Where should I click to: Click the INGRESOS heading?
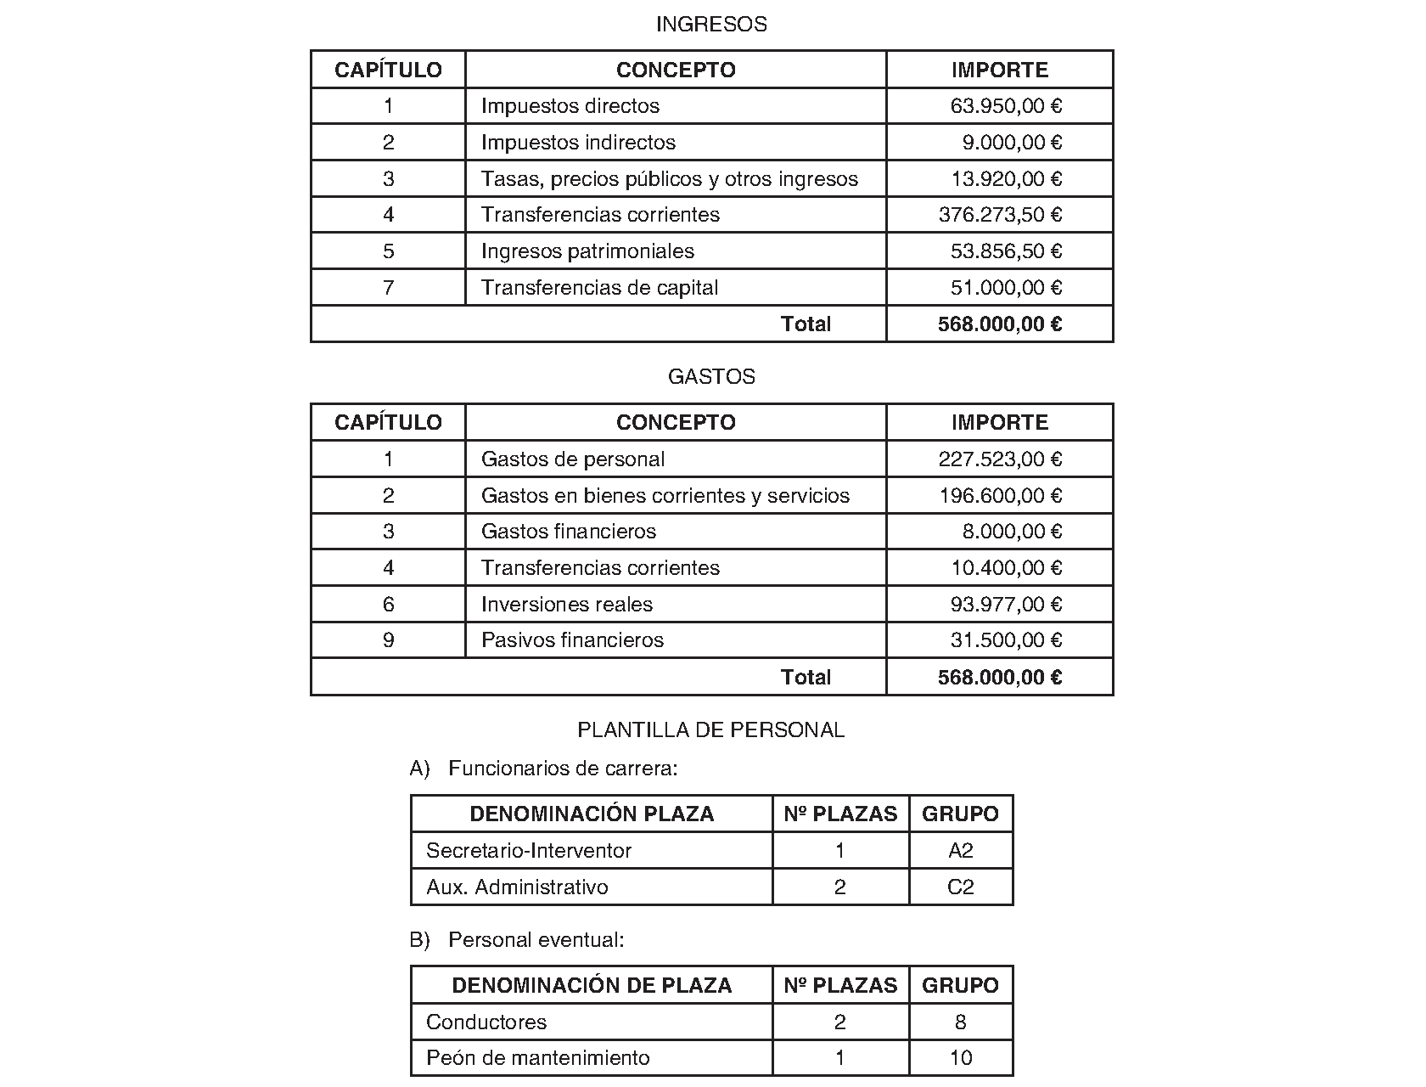[x=711, y=25]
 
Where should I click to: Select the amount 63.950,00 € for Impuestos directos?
[x=1006, y=106]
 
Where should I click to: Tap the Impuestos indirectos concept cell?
[x=578, y=143]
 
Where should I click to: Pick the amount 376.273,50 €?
[x=1000, y=215]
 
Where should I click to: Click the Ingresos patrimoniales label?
[x=587, y=251]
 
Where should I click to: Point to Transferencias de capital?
[x=599, y=288]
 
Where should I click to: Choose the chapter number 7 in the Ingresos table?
[x=389, y=288]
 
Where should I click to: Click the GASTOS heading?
[x=711, y=377]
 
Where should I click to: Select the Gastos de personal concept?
[x=573, y=459]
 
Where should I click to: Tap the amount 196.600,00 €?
[x=1000, y=496]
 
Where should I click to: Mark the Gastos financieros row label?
[x=569, y=532]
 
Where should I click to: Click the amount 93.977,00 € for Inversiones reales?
[x=1006, y=605]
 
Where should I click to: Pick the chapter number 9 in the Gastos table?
[x=389, y=640]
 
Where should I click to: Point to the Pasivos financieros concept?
[x=572, y=640]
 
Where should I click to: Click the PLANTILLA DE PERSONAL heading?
[x=711, y=730]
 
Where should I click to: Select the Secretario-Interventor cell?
[x=529, y=851]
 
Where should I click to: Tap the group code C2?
[x=960, y=887]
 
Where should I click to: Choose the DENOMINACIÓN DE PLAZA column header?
[x=592, y=986]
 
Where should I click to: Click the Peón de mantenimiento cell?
[x=538, y=1058]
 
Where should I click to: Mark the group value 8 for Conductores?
[x=960, y=1022]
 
